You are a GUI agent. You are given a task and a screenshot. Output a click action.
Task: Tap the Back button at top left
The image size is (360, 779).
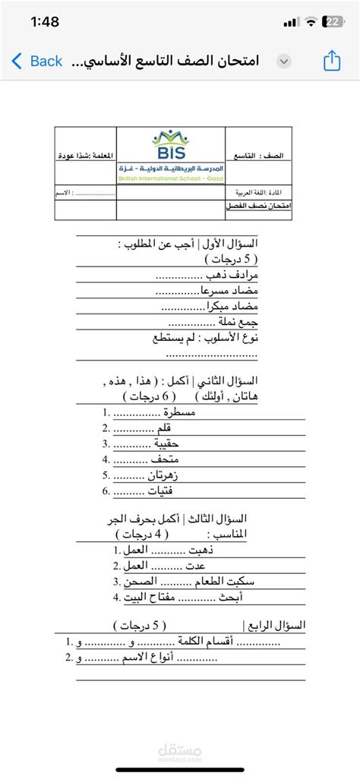(x=36, y=61)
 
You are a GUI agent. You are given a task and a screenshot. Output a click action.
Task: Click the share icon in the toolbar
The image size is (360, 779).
(x=331, y=61)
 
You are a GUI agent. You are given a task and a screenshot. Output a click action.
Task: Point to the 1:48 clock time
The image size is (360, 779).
(x=46, y=23)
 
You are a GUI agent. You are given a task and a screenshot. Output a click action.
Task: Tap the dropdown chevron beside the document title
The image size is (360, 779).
(x=284, y=61)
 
